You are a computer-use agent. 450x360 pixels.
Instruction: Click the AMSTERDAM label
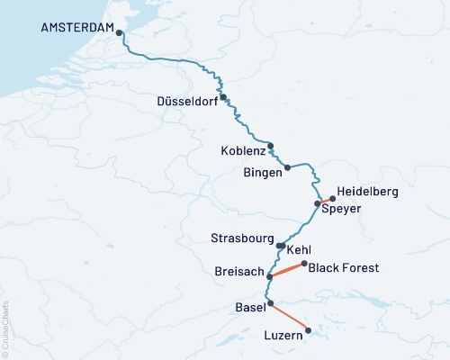(77, 28)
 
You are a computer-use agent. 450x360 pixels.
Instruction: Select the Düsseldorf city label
(187, 100)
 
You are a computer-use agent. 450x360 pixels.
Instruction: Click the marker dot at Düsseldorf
(223, 98)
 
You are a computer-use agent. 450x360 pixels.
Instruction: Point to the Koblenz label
(242, 150)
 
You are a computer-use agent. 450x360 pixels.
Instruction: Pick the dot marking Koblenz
(270, 146)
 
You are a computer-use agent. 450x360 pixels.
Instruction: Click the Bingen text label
(264, 171)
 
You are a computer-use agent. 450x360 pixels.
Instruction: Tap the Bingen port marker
(288, 167)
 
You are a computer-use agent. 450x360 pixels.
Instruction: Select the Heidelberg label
(368, 192)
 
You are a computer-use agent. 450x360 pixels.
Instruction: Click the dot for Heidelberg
(333, 197)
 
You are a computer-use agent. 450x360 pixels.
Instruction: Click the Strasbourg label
(241, 239)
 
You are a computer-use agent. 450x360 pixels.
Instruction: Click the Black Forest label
(344, 267)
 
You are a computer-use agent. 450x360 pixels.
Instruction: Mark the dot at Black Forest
(304, 264)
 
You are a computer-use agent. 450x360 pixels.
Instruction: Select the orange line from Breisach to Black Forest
(287, 270)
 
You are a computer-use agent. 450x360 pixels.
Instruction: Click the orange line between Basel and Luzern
(289, 317)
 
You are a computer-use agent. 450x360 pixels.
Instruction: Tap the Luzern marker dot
(309, 330)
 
